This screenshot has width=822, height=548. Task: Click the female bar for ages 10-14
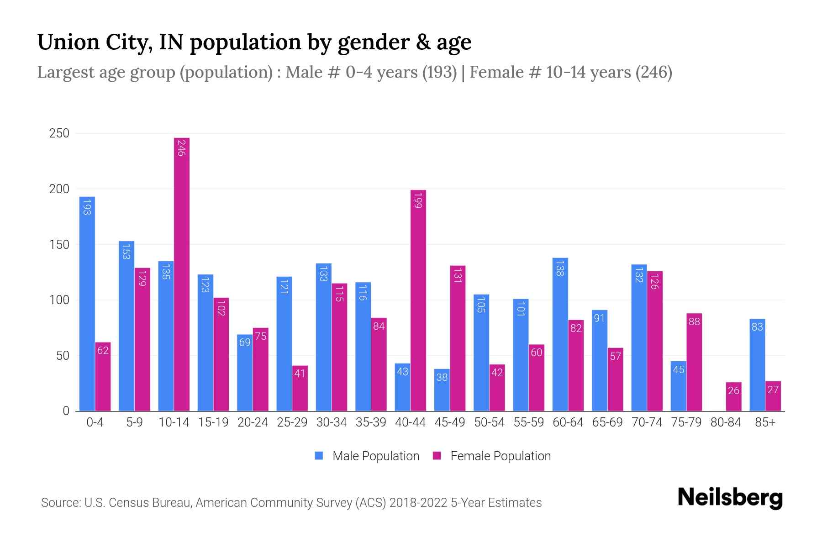pyautogui.click(x=182, y=274)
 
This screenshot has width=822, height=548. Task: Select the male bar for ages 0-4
pyautogui.click(x=87, y=304)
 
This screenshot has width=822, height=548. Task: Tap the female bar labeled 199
pyautogui.click(x=418, y=300)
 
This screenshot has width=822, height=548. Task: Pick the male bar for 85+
pyautogui.click(x=757, y=365)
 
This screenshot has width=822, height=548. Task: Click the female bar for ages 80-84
pyautogui.click(x=733, y=396)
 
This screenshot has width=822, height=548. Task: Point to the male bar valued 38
pyautogui.click(x=442, y=390)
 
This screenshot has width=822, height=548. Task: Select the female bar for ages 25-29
pyautogui.click(x=300, y=388)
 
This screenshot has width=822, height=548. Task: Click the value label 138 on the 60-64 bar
pyautogui.click(x=560, y=268)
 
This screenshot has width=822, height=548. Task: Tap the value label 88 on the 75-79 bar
pyautogui.click(x=694, y=321)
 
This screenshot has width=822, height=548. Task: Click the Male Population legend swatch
pyautogui.click(x=319, y=456)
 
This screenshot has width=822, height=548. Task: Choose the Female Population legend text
pyautogui.click(x=501, y=456)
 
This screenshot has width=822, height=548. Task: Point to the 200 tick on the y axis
pyautogui.click(x=59, y=189)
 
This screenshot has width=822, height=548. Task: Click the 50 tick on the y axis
pyautogui.click(x=63, y=356)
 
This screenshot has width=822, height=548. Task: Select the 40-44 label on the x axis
pyautogui.click(x=410, y=422)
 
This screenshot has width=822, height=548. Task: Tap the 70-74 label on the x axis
pyautogui.click(x=647, y=422)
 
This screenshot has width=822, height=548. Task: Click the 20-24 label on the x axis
pyautogui.click(x=253, y=422)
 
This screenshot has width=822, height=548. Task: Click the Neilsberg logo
pyautogui.click(x=730, y=498)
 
